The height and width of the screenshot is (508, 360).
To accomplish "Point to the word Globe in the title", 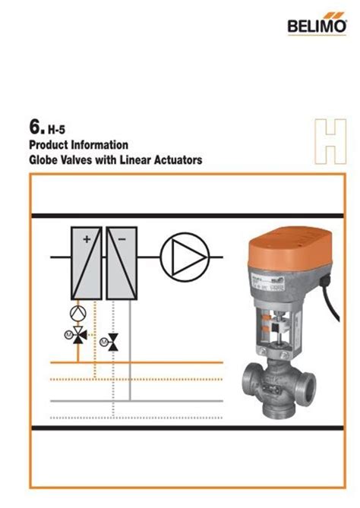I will pyautogui.click(x=43, y=160).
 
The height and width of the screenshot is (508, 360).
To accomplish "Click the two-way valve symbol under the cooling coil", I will pyautogui.click(x=113, y=343).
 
